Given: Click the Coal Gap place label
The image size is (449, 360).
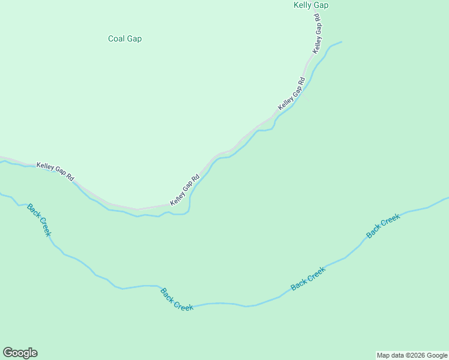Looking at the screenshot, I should click(125, 39).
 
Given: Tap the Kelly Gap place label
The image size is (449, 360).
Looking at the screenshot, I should click(311, 5).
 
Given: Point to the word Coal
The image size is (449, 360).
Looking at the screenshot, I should click(116, 39).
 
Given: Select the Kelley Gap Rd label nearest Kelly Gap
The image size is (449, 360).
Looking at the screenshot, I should click(318, 34).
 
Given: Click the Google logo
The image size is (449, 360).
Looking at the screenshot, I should click(20, 353).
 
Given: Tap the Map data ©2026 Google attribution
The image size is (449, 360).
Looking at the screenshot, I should click(412, 355).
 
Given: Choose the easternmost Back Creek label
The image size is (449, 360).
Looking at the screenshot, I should click(383, 226).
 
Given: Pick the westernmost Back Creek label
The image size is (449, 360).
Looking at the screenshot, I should click(39, 220).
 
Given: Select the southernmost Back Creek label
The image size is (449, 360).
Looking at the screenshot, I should click(177, 299).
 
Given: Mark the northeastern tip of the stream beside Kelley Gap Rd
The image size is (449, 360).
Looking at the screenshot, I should click(341, 42).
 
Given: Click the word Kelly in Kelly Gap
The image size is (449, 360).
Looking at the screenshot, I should click(303, 5).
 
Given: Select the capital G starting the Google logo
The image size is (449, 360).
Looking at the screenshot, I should click(8, 353).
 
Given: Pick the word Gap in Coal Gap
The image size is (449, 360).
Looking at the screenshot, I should click(134, 39).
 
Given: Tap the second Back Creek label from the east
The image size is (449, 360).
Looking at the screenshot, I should click(308, 278).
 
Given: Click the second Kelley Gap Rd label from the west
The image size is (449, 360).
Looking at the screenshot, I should click(185, 190).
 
